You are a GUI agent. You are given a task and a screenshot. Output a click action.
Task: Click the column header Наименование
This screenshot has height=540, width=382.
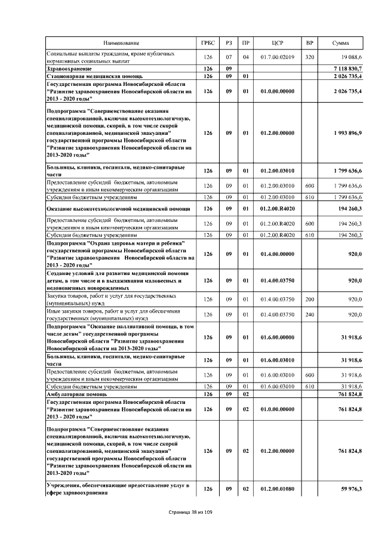pyautogui.click(x=121, y=43)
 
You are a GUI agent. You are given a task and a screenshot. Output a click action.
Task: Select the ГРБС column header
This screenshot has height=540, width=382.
pyautogui.click(x=208, y=43)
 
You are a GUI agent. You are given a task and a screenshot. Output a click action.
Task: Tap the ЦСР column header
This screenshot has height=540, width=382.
pyautogui.click(x=277, y=43)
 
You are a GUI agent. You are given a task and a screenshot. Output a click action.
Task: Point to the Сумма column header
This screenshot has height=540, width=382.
pyautogui.click(x=341, y=43)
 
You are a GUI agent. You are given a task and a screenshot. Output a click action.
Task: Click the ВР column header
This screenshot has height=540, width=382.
pyautogui.click(x=309, y=43)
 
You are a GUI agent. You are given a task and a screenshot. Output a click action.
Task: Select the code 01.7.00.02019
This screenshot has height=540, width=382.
pyautogui.click(x=277, y=57)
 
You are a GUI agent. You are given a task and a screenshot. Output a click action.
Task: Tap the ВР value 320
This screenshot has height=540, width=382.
pyautogui.click(x=309, y=57)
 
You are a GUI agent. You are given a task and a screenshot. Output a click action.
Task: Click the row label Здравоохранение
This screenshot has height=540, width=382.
pyautogui.click(x=67, y=69)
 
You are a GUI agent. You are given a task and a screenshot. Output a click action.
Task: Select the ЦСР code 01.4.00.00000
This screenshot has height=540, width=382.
pyautogui.click(x=277, y=254)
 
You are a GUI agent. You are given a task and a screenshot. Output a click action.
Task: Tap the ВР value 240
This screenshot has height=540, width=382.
pyautogui.click(x=309, y=314)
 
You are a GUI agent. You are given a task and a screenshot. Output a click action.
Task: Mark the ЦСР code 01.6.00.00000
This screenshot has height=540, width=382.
pyautogui.click(x=277, y=337)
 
